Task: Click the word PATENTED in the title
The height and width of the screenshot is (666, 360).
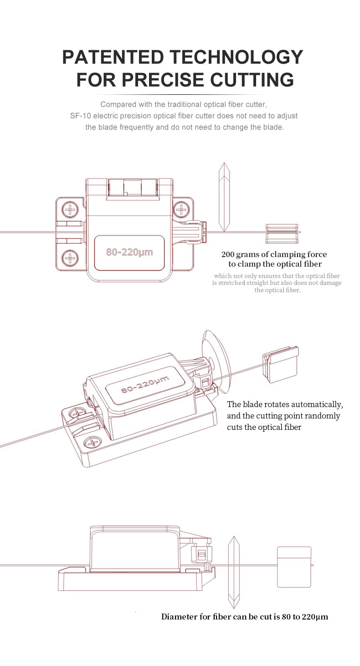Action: tap(113, 57)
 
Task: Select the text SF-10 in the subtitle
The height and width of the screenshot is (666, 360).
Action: tap(81, 116)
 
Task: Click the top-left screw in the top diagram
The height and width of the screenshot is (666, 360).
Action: tap(70, 209)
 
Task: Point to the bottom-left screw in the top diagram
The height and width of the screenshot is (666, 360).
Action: tap(70, 258)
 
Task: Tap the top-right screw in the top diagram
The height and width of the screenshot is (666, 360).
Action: tap(181, 209)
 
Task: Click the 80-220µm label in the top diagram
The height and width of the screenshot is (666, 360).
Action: tap(129, 252)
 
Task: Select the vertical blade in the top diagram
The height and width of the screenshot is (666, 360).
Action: tap(224, 196)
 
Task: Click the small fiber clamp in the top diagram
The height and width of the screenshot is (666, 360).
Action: tap(282, 233)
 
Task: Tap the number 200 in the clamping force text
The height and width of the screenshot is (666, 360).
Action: tap(227, 254)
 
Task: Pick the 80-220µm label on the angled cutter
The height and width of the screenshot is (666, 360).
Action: tap(145, 383)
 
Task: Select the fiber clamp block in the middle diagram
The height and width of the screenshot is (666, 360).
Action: tap(280, 364)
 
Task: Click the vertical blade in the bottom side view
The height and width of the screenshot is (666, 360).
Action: tap(234, 573)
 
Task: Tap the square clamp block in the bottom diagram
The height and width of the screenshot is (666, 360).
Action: tap(294, 567)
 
